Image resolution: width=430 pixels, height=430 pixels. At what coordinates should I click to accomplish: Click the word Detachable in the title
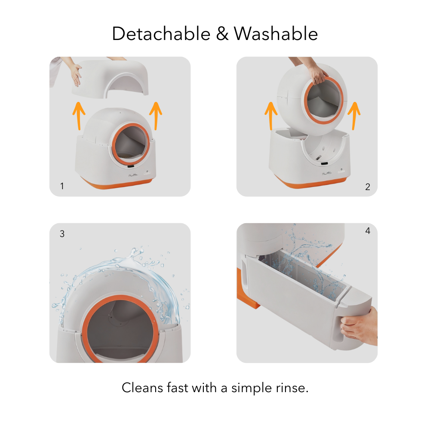(161, 34)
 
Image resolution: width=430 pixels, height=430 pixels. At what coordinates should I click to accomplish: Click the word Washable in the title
(276, 34)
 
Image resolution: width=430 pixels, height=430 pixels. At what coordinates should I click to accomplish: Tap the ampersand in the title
(222, 34)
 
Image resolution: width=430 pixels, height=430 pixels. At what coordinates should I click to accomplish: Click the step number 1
(62, 186)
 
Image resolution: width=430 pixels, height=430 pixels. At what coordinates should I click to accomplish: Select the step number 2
(368, 187)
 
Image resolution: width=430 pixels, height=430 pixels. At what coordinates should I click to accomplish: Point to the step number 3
(62, 233)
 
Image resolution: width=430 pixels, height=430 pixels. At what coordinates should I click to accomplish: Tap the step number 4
(368, 230)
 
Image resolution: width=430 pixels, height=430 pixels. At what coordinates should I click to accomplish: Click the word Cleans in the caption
(142, 388)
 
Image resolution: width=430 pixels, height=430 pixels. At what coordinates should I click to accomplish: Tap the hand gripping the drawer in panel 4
(359, 326)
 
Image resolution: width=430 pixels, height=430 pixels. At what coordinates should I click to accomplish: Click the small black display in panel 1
(131, 166)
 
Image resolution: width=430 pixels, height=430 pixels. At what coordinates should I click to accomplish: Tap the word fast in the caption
(178, 388)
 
